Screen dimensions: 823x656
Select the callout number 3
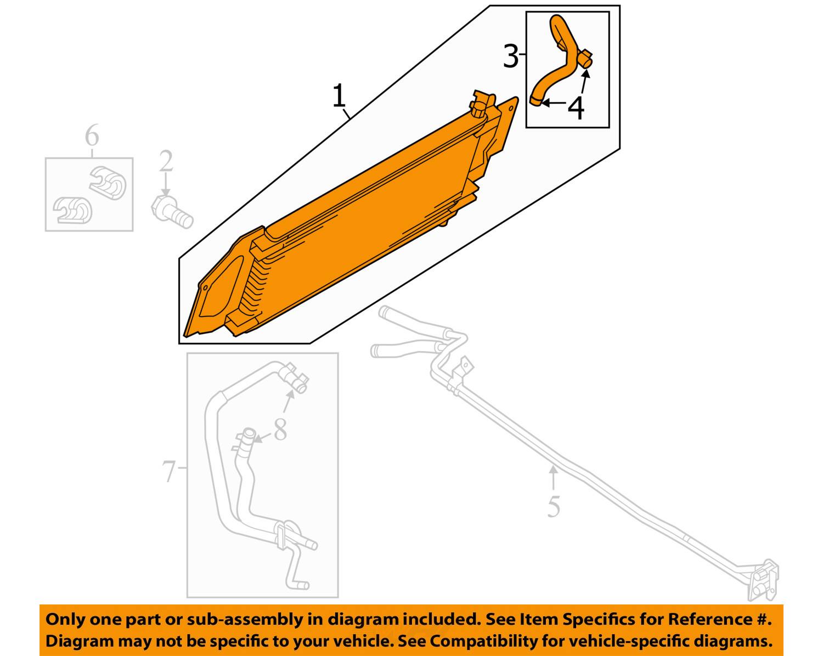pyautogui.click(x=511, y=56)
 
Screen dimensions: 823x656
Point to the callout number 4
pyautogui.click(x=576, y=108)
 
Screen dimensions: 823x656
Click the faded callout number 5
pyautogui.click(x=554, y=506)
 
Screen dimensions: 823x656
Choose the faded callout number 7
pyautogui.click(x=170, y=471)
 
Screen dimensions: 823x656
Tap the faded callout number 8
pyautogui.click(x=280, y=429)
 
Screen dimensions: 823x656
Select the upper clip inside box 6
pyautogui.click(x=108, y=182)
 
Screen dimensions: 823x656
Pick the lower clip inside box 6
pyautogui.click(x=72, y=210)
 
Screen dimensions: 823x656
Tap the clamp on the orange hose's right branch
pyautogui.click(x=585, y=58)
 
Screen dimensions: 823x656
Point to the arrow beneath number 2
pyautogui.click(x=165, y=184)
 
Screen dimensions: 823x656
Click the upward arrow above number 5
pyautogui.click(x=553, y=478)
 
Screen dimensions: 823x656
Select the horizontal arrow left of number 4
pyautogui.click(x=553, y=103)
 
